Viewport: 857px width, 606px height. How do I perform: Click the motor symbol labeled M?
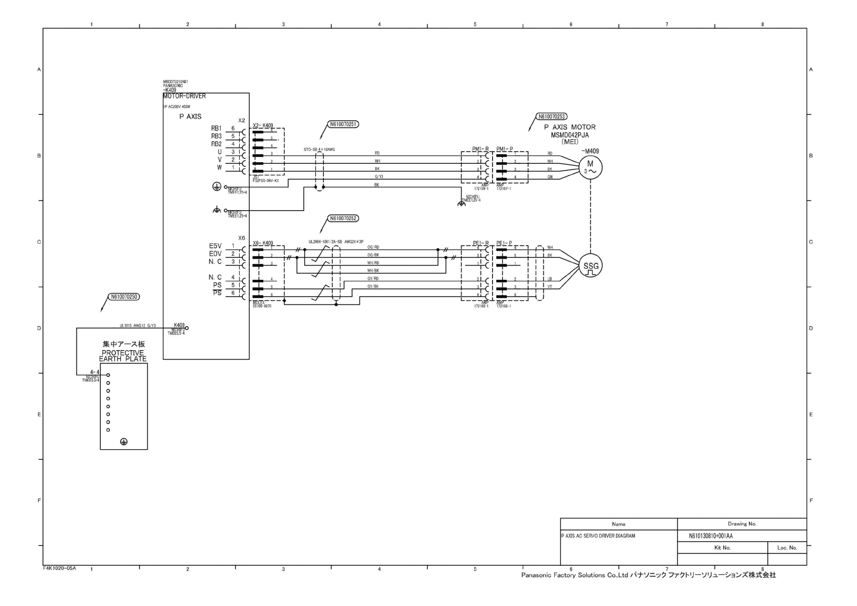click(590, 167)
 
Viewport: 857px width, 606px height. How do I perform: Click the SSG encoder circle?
click(591, 266)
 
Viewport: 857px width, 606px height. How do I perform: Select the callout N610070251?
click(343, 124)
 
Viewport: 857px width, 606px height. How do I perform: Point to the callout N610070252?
click(343, 218)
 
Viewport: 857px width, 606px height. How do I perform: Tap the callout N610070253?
click(552, 117)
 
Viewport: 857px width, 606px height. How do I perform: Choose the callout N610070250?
click(124, 297)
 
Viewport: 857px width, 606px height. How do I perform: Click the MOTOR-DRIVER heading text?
click(184, 96)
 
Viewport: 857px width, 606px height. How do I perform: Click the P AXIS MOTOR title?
click(569, 127)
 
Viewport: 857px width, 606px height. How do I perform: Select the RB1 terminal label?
click(216, 129)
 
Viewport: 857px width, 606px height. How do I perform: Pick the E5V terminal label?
click(215, 246)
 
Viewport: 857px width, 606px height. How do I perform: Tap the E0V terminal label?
click(215, 254)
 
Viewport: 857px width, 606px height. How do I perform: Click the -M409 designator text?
click(590, 151)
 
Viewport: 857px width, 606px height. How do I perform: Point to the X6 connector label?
click(241, 238)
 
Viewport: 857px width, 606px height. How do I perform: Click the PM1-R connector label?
click(480, 149)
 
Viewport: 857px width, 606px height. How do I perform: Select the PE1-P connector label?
click(504, 243)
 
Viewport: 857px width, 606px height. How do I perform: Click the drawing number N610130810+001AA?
click(710, 536)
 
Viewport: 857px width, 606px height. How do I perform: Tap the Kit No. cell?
click(722, 547)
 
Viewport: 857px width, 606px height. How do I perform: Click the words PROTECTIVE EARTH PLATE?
click(123, 356)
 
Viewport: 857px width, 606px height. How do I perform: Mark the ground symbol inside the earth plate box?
click(123, 442)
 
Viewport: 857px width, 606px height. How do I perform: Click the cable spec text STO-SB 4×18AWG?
click(319, 150)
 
